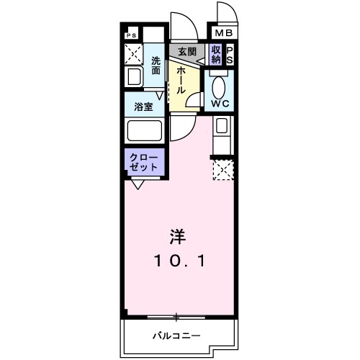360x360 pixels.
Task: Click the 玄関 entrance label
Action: [187, 52]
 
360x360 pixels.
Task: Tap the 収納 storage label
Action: [216, 53]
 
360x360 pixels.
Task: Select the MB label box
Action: [220, 33]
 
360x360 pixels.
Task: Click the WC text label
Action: [220, 104]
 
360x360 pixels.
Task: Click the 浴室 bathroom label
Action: [143, 107]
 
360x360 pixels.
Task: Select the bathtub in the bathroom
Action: [144, 132]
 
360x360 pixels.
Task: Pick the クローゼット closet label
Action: [143, 161]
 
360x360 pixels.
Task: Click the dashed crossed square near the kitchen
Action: [222, 169]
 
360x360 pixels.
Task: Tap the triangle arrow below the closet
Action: [137, 183]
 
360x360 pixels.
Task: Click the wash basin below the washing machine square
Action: [135, 78]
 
